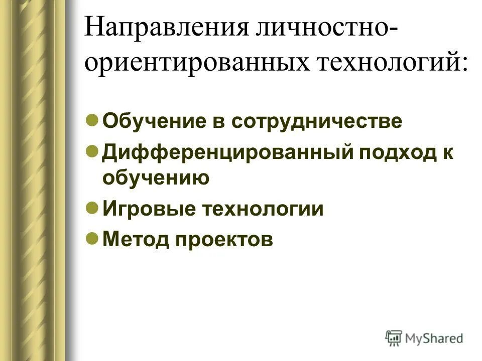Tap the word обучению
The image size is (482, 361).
coord(156,178)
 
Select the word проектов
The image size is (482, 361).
coord(224,239)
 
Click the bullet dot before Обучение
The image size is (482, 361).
coord(91,121)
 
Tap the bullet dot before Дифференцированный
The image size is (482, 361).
coord(91,151)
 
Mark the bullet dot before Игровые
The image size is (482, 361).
coord(91,207)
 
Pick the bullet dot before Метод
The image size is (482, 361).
coord(91,238)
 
